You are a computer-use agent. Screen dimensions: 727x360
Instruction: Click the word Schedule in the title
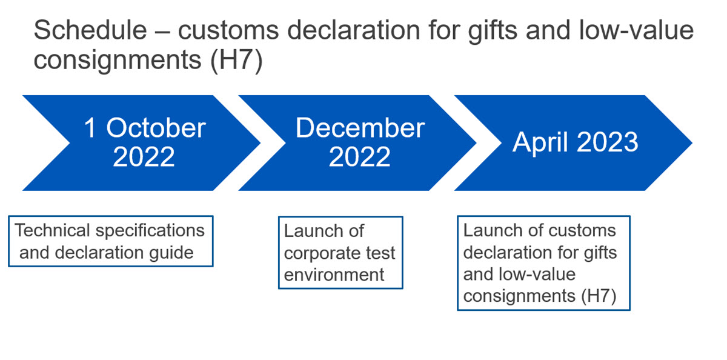coord(90,30)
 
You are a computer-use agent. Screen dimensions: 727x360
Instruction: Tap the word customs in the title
coord(228,30)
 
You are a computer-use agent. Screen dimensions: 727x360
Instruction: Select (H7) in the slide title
coord(236,61)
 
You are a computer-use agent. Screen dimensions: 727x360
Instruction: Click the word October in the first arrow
coord(156,128)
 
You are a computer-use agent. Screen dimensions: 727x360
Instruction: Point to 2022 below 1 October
coord(144,157)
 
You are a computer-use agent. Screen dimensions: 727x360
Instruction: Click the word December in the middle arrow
coord(360,128)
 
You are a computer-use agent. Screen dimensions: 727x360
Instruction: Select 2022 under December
coord(359,157)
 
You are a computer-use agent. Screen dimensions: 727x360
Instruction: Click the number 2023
coord(607,142)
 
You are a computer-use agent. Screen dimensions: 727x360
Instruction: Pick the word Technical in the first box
coord(52,230)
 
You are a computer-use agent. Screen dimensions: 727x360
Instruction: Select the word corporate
coord(322,254)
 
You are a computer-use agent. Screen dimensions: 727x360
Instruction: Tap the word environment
coord(334,275)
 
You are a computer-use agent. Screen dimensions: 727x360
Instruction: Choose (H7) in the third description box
coord(599,296)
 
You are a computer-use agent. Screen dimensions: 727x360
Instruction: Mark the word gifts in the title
coord(492,32)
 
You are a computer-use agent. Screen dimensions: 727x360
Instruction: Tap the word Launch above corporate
coord(314,232)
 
